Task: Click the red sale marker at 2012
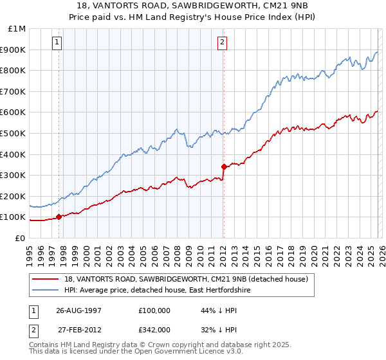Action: coord(223,166)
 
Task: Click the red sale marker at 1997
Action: coord(59,217)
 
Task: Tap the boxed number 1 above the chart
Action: coord(58,43)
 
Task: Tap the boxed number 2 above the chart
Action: coord(222,43)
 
